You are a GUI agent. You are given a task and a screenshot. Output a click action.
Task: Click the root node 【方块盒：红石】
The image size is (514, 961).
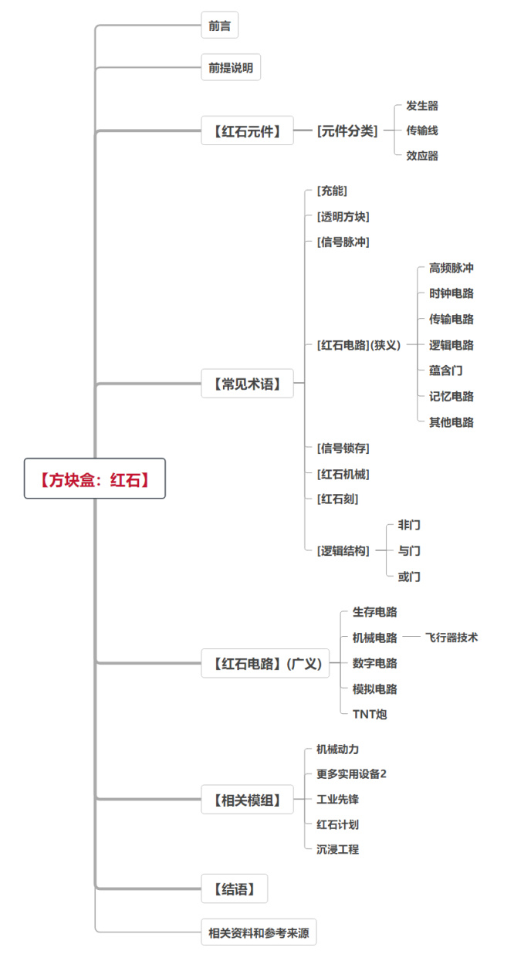pos(94,479)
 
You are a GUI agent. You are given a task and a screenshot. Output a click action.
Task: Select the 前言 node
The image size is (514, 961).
pos(219,25)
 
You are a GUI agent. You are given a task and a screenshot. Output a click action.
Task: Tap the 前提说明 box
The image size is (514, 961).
pos(230,68)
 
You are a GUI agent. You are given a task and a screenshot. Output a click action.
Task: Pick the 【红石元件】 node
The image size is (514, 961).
pos(247,131)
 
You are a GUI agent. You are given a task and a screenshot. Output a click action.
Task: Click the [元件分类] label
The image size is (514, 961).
pos(347,131)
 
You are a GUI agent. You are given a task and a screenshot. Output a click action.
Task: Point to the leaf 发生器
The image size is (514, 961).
pos(422,106)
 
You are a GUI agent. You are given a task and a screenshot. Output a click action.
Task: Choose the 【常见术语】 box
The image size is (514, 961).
pos(247,383)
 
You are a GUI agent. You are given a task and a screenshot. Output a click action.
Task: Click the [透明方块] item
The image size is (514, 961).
pos(343,217)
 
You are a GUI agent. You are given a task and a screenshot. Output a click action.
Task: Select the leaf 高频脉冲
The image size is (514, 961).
pos(451,268)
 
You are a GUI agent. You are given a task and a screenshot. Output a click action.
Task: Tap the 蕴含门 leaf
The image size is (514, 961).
pos(446,371)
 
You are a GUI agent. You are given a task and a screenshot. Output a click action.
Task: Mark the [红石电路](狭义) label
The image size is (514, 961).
pos(359,345)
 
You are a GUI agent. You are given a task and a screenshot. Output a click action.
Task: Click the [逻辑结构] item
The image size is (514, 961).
pos(343,550)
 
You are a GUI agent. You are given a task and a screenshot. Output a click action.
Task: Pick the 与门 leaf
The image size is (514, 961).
pos(409,550)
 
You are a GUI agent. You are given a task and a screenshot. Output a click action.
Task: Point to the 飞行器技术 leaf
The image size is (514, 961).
pos(451,638)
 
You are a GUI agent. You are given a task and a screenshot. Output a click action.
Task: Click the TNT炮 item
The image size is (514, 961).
pos(370,714)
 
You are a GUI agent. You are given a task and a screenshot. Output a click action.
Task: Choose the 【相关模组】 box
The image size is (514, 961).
pos(247,800)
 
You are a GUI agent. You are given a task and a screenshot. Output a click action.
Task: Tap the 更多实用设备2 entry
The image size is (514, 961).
pos(351,773)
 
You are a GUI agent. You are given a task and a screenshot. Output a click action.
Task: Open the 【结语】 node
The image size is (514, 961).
pos(235,889)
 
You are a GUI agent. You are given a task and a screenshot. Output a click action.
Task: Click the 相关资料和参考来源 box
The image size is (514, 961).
pos(259,932)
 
